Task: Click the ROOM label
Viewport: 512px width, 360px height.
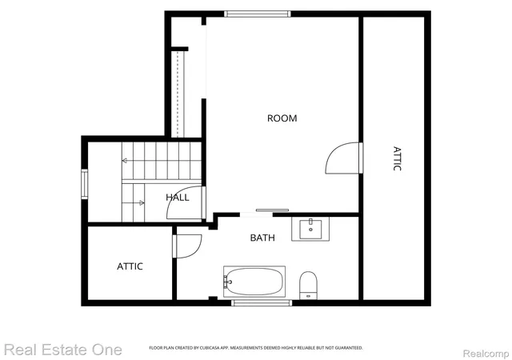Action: (x=282, y=118)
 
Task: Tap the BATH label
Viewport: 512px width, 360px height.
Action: (x=262, y=238)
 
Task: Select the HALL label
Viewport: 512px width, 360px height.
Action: (x=178, y=198)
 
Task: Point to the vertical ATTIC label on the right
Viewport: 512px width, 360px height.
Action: (x=397, y=158)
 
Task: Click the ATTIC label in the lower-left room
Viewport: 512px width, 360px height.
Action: (x=130, y=266)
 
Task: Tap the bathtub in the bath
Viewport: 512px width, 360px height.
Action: (x=254, y=282)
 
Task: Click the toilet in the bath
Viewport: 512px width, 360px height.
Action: (x=309, y=285)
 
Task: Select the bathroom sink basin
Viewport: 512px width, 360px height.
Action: (x=310, y=230)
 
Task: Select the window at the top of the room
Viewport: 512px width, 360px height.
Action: (x=258, y=14)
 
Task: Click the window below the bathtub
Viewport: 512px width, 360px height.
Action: (x=262, y=303)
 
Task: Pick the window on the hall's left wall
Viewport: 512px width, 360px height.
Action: (x=85, y=184)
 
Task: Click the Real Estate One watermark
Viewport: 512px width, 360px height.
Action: (x=63, y=350)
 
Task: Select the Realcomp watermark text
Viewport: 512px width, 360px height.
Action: (x=486, y=354)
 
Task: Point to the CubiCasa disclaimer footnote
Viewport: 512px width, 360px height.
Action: (x=256, y=348)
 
